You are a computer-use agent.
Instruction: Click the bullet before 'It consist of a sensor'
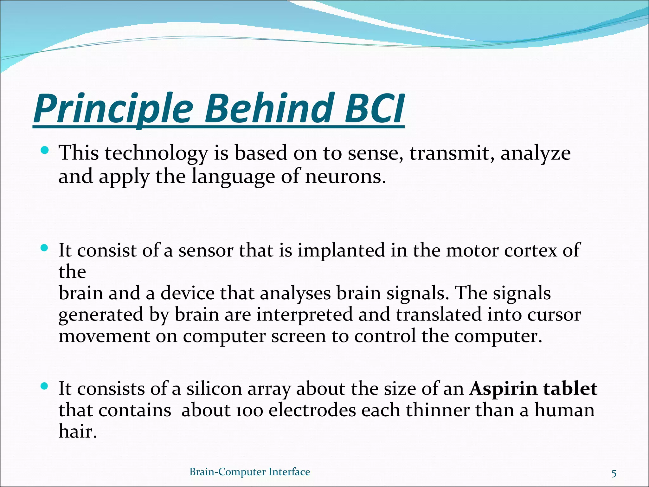[45, 248]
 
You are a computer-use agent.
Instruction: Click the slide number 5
[614, 474]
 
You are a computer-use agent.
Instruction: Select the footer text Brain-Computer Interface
[250, 472]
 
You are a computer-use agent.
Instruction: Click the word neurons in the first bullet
[345, 177]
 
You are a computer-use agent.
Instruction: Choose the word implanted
[341, 251]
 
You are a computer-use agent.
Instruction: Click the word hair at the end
[77, 432]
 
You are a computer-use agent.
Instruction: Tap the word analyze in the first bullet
[535, 154]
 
